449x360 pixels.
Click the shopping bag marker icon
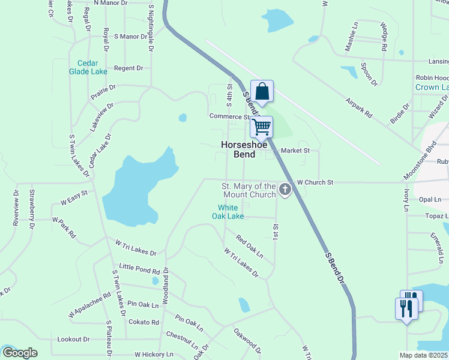(262, 91)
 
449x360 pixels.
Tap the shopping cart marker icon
(261, 127)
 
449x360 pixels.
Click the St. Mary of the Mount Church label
(249, 190)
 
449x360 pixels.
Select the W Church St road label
(315, 182)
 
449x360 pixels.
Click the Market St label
(295, 151)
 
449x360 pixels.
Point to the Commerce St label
(229, 116)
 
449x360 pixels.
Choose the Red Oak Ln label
(249, 247)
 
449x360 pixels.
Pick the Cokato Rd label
(143, 322)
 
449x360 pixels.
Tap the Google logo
(20, 353)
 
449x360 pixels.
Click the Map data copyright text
(424, 355)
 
